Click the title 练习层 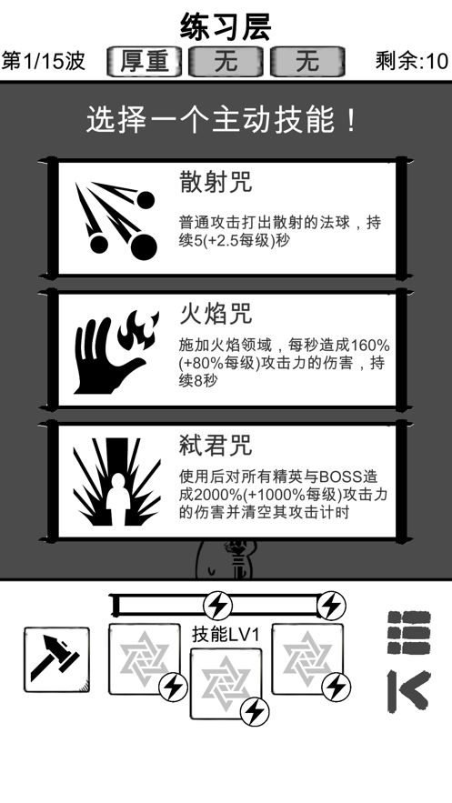[x=226, y=25]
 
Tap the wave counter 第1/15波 [x=44, y=62]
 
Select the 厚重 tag [x=144, y=62]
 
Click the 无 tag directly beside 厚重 [x=226, y=62]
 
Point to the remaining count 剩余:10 [x=411, y=62]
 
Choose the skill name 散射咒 [x=215, y=182]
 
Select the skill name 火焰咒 [x=215, y=315]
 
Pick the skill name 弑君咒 [x=215, y=446]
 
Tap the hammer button [x=56, y=658]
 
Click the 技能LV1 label [x=226, y=633]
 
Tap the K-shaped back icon [x=408, y=691]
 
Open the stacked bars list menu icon [x=408, y=632]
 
